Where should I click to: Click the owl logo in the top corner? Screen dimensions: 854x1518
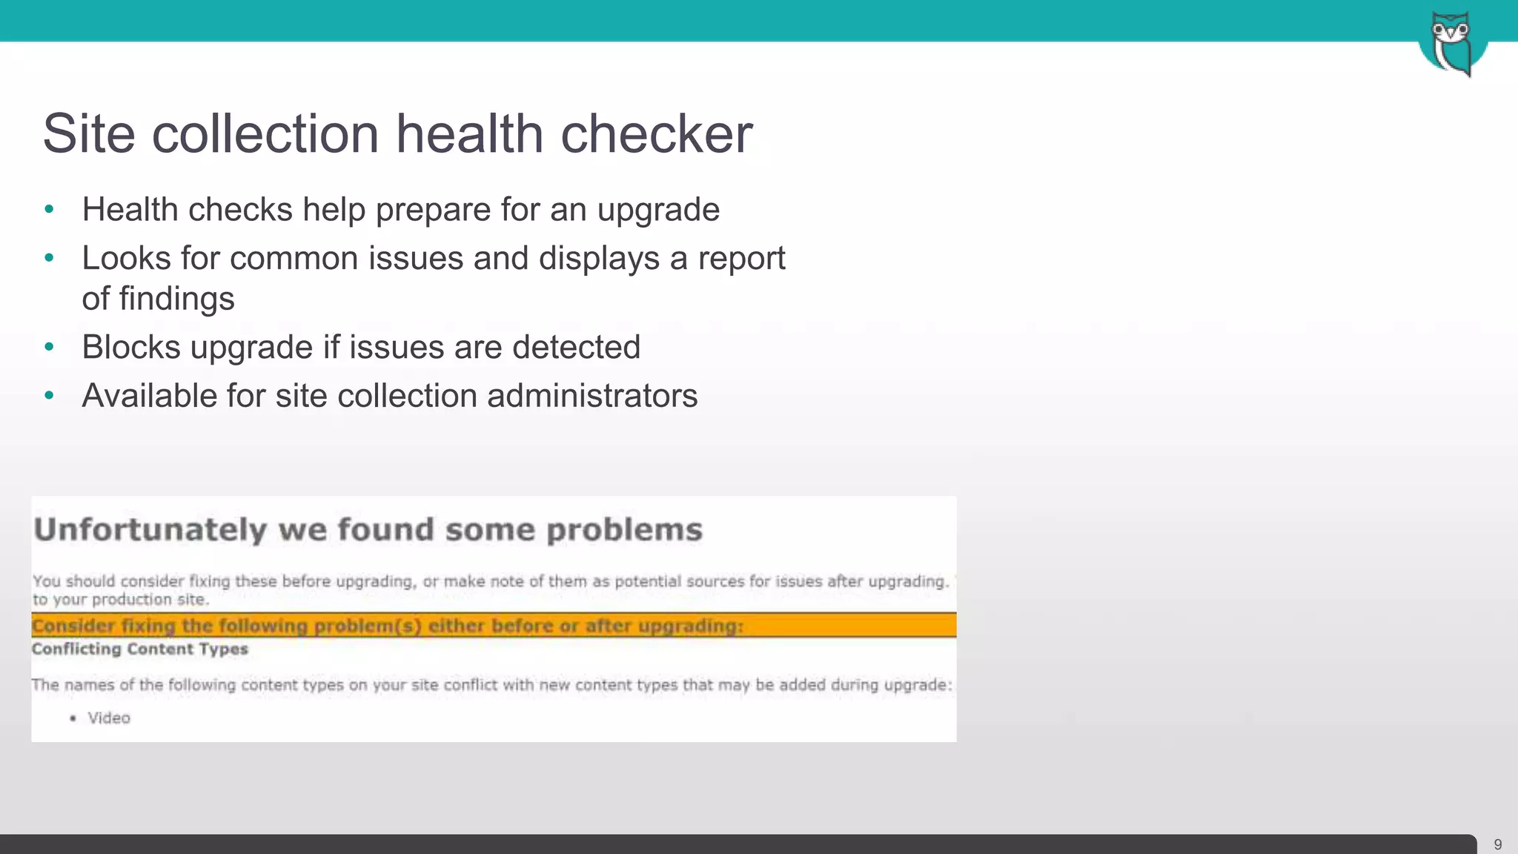(x=1452, y=43)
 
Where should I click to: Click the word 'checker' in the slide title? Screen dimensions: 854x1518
(x=656, y=134)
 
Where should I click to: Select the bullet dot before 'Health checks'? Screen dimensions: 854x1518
(x=50, y=210)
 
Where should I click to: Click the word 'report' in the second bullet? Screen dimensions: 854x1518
(x=741, y=259)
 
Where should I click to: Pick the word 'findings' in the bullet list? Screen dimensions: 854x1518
(x=176, y=299)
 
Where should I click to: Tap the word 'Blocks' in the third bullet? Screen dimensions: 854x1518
(x=131, y=347)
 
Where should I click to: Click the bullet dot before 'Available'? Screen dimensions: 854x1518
(x=50, y=396)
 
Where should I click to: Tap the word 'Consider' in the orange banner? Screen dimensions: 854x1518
(x=73, y=626)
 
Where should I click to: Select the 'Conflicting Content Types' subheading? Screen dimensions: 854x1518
(x=140, y=649)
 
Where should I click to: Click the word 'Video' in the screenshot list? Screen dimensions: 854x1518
(x=109, y=718)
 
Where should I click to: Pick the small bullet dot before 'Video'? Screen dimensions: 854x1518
(x=73, y=718)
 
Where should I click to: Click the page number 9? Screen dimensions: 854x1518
(x=1497, y=844)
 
